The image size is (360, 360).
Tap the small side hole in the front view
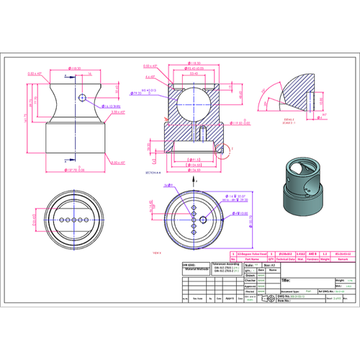click(84, 96)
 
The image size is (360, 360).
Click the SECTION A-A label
click(153, 174)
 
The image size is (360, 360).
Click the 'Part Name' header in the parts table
click(249, 259)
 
